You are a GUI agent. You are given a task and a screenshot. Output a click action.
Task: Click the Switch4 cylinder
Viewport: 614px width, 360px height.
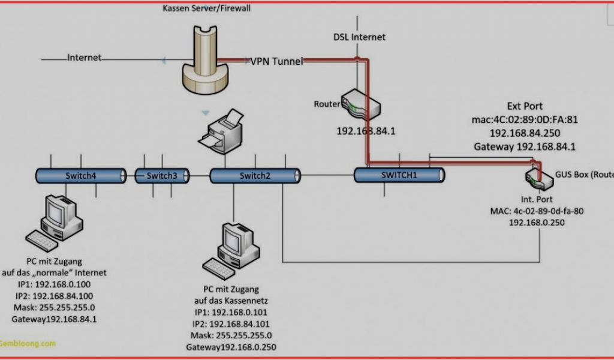[x=80, y=175]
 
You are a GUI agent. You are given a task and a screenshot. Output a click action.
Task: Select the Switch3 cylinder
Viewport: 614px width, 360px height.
[x=161, y=176]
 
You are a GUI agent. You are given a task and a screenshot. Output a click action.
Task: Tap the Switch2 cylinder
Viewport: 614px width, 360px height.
[x=254, y=175]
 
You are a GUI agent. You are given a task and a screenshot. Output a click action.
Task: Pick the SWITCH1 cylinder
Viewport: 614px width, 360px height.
[x=399, y=175]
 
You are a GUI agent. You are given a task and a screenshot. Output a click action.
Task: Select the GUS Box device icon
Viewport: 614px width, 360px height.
[x=537, y=176]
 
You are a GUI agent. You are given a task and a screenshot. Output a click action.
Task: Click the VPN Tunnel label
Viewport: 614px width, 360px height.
[x=277, y=61]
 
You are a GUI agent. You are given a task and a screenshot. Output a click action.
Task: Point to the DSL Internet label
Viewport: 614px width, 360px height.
[x=360, y=37]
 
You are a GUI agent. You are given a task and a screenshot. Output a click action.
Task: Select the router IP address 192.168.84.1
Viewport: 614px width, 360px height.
[x=365, y=130]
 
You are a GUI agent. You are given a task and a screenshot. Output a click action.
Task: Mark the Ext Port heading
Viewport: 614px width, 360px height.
[x=525, y=106]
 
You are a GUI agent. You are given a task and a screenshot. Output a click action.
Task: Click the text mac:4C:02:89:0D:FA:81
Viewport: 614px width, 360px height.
[x=525, y=119]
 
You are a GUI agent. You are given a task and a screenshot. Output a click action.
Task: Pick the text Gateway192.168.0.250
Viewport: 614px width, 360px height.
[x=231, y=347]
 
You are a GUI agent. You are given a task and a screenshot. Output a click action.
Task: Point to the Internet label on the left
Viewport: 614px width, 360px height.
[x=84, y=58]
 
